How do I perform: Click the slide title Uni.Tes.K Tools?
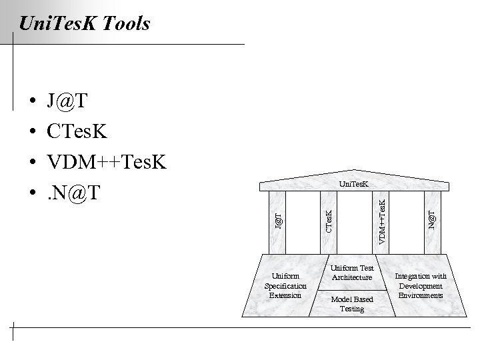(x=85, y=25)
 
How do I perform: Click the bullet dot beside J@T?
(x=32, y=102)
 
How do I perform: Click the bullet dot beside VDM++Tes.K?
(x=32, y=163)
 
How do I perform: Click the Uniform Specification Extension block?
(x=285, y=285)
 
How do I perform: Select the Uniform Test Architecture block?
(x=352, y=272)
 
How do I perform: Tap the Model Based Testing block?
(x=352, y=303)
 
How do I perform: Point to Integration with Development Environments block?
(x=421, y=285)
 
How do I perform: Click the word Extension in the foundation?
(x=285, y=295)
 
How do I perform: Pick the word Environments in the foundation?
(x=421, y=295)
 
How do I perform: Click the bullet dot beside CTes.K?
(x=32, y=132)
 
